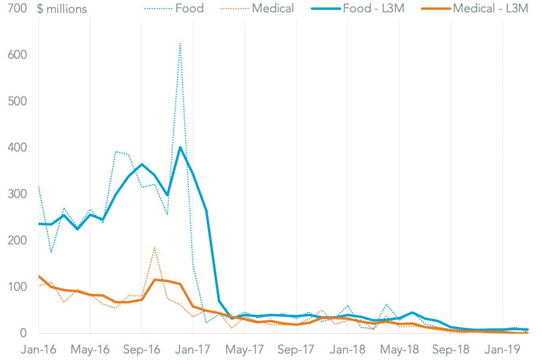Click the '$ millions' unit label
(61, 9)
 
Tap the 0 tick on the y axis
(23, 333)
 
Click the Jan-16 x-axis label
(38, 350)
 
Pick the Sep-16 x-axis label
(141, 350)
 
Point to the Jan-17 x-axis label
(193, 350)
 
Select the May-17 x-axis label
(245, 350)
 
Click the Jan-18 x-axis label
(347, 350)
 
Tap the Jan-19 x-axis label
(502, 350)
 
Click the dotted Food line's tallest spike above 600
(180, 43)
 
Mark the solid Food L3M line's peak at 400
(180, 147)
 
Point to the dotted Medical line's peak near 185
(155, 247)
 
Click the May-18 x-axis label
(399, 350)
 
